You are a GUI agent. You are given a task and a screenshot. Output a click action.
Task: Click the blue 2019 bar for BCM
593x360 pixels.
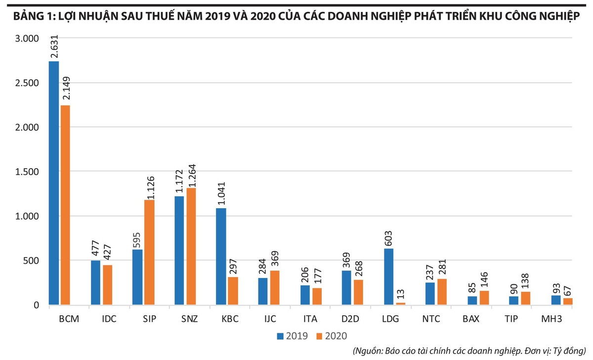[54, 183]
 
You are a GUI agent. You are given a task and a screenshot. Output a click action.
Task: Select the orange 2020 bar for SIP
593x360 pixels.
[149, 252]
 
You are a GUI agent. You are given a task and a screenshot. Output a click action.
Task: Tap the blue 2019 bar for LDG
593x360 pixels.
[389, 276]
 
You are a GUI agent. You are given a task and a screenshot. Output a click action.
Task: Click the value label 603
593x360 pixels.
[389, 237]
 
